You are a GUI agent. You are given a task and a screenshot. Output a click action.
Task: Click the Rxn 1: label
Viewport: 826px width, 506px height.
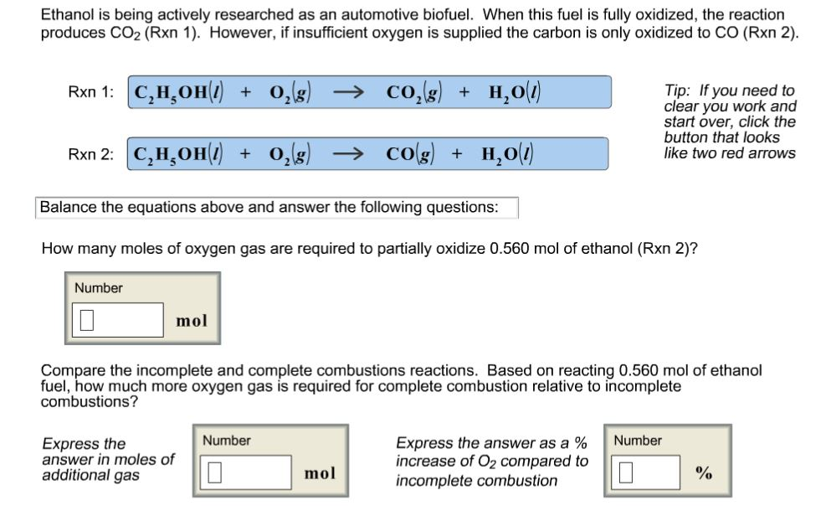click(90, 93)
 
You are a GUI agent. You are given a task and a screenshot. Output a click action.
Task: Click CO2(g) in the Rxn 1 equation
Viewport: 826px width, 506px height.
click(412, 92)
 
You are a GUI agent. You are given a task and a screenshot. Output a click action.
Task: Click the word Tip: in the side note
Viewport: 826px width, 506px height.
click(676, 90)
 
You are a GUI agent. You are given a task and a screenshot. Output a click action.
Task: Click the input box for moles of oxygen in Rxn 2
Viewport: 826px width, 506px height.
click(121, 320)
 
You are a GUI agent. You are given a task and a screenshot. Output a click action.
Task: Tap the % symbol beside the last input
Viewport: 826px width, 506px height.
click(704, 472)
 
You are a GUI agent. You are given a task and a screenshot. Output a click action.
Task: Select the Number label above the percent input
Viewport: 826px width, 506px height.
click(638, 441)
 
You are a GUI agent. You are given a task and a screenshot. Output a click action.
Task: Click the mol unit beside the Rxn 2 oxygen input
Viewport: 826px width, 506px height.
click(192, 320)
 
